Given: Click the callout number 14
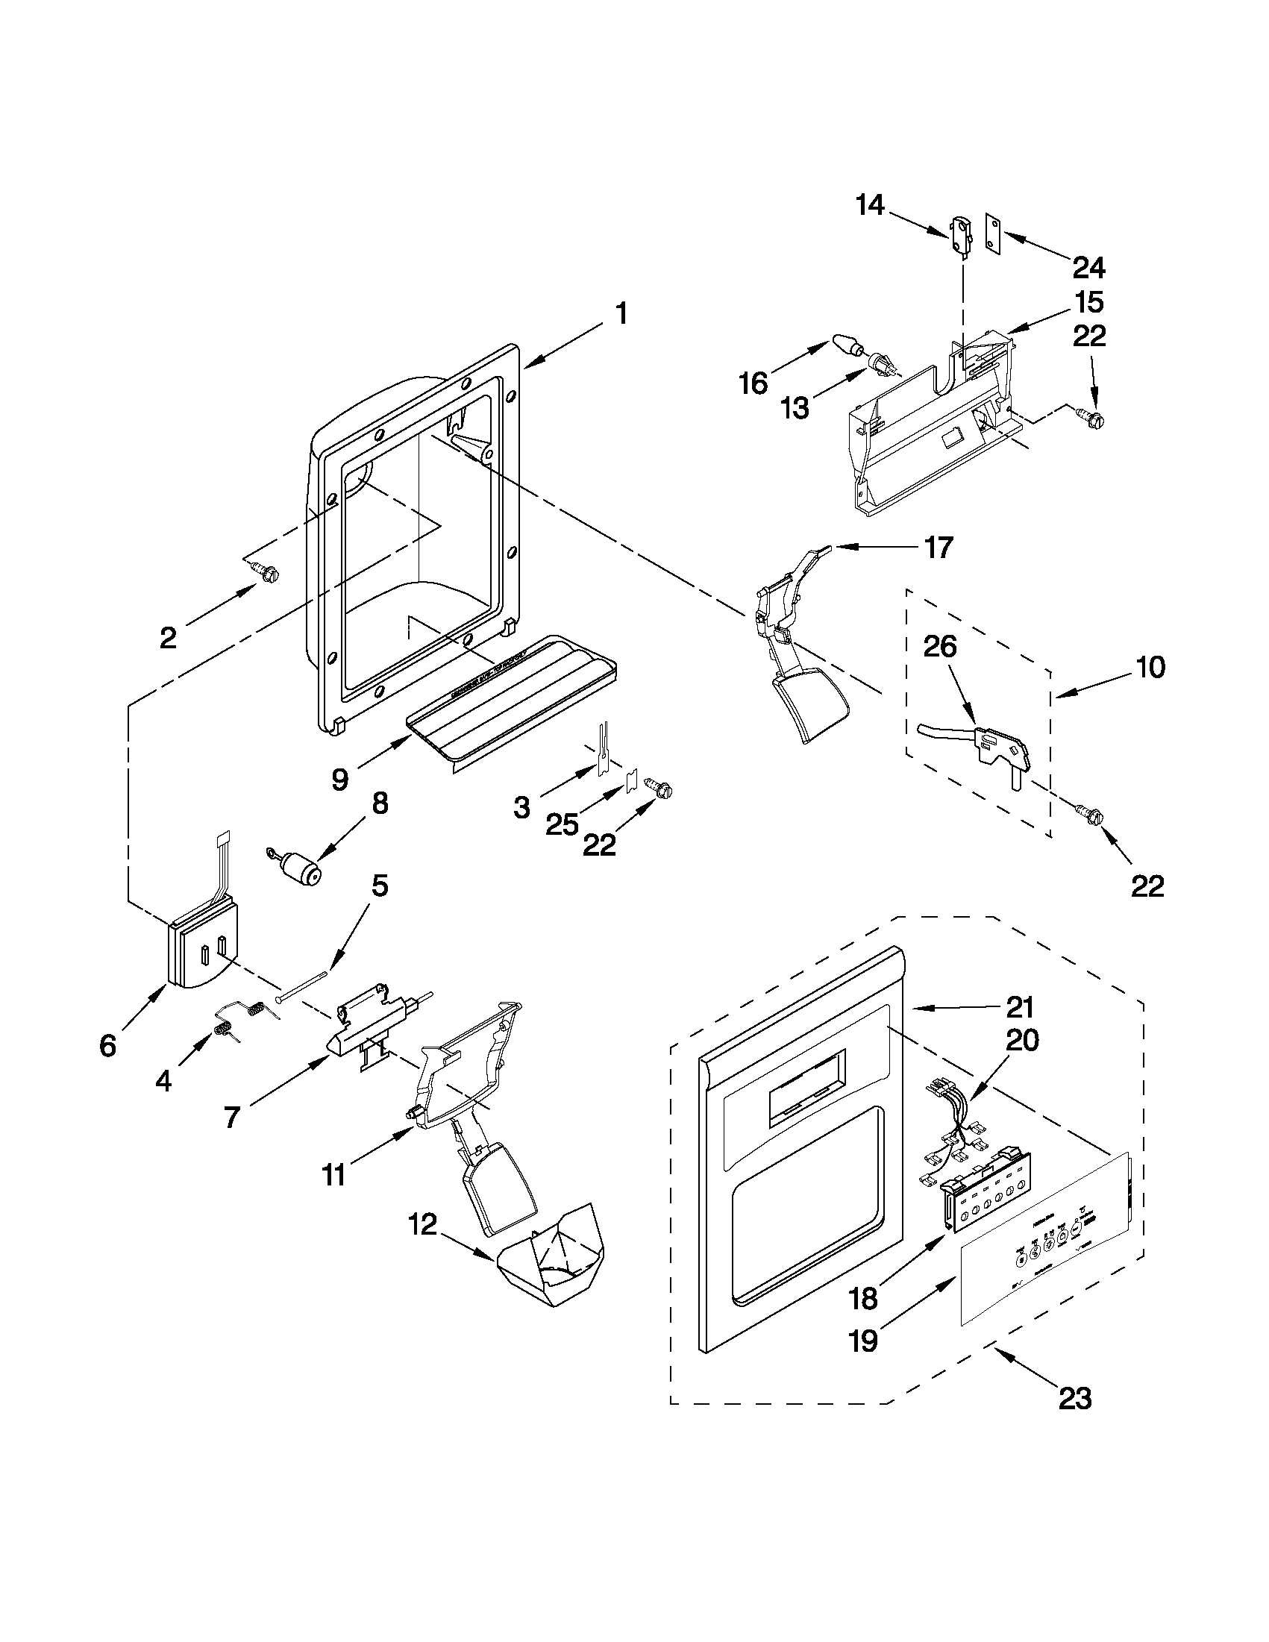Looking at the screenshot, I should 870,204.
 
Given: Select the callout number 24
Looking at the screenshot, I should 1088,267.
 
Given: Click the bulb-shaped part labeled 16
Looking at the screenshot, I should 847,348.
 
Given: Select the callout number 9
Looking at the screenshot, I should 339,780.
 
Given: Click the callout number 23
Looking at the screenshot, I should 1074,1398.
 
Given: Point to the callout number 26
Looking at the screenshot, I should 940,646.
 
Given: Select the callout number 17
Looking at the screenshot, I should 939,548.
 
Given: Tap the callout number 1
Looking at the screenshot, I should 621,313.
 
